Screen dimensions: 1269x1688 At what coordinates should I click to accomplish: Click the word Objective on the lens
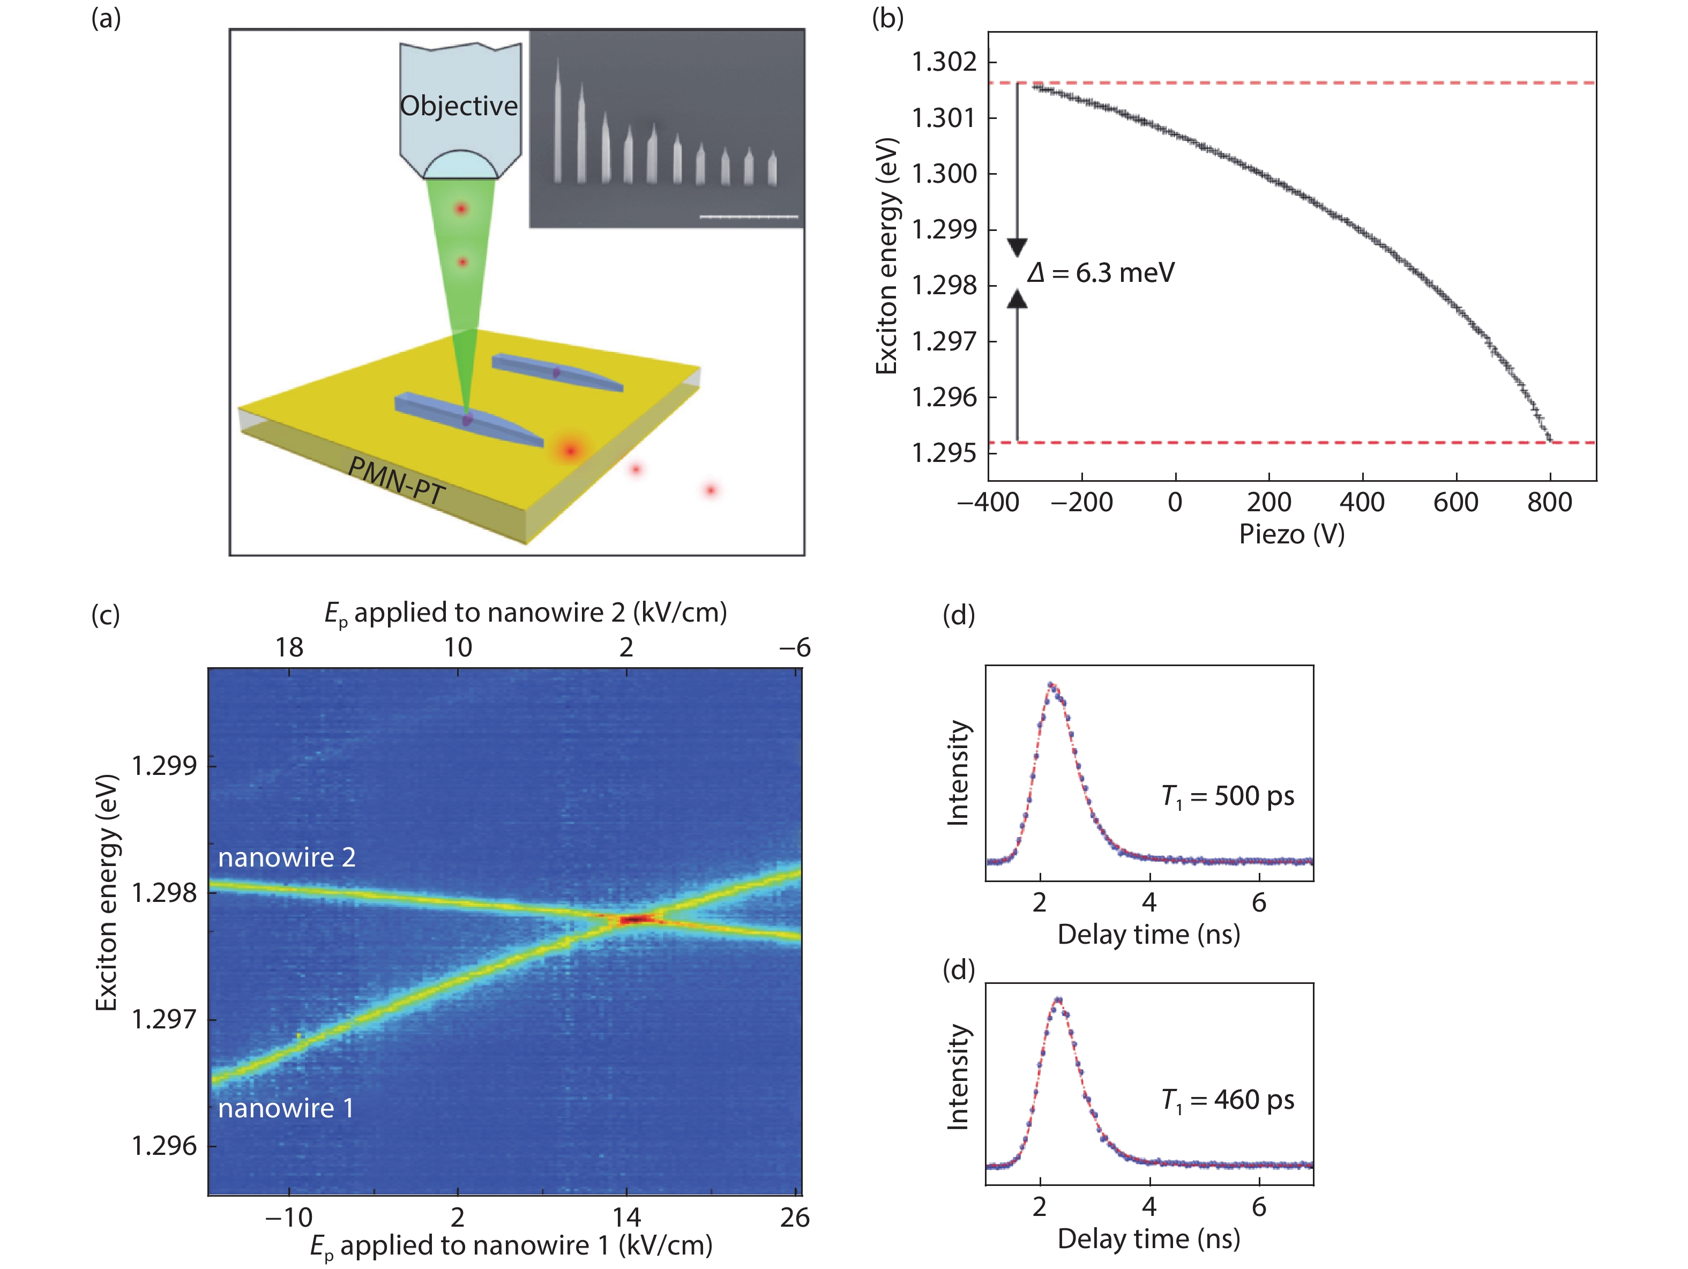point(459,106)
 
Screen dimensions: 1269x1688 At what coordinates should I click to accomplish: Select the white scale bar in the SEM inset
point(749,217)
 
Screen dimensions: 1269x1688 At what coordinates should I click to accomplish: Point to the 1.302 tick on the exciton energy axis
point(944,61)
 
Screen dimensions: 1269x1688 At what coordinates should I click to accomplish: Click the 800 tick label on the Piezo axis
point(1549,502)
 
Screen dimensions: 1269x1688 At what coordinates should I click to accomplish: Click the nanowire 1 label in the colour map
point(286,1108)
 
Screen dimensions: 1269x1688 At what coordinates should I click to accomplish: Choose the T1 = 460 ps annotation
point(1227,1100)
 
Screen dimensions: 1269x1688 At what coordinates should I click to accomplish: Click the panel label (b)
point(887,18)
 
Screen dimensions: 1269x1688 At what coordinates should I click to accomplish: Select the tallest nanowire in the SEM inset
point(558,122)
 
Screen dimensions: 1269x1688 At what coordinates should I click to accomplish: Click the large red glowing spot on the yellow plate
point(569,450)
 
